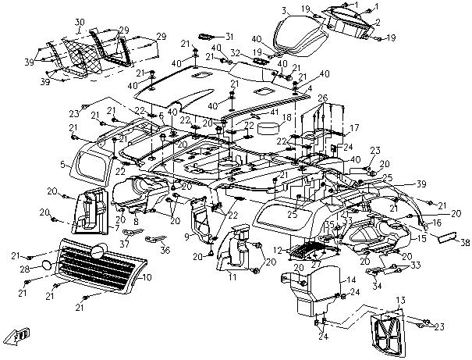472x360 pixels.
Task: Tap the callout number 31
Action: [x=229, y=37]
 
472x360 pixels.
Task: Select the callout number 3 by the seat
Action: [x=285, y=11]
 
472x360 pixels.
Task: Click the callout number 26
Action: [x=323, y=98]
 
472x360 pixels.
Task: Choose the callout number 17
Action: [x=353, y=127]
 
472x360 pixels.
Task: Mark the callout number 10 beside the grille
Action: [x=148, y=276]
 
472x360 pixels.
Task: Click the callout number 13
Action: [x=400, y=301]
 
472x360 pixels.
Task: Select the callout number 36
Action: [x=165, y=250]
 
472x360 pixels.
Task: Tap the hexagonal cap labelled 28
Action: [x=48, y=266]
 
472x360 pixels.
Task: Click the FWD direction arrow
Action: [x=17, y=336]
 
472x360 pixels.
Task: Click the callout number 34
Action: [x=377, y=286]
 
